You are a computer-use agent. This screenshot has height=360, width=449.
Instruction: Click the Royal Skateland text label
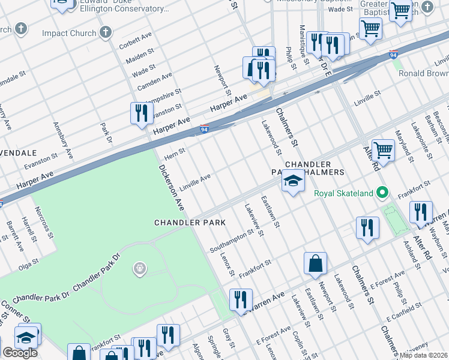point(343,193)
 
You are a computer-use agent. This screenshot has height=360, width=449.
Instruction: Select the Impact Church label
point(69,33)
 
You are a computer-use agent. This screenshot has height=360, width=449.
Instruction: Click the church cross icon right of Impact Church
point(106,32)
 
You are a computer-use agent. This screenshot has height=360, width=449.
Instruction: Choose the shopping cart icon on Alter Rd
point(383,150)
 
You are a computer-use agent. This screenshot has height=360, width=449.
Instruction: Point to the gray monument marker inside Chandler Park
point(140,268)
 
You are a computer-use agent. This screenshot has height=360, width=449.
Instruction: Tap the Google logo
point(20,353)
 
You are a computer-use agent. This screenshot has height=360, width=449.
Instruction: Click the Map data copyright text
point(424,355)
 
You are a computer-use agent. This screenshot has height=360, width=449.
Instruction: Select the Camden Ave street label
point(154,82)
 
